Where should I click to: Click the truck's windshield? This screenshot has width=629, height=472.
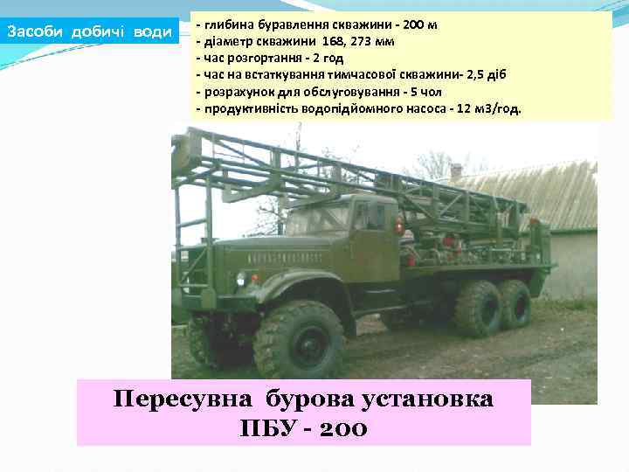319,218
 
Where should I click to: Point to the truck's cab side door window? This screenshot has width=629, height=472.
365,216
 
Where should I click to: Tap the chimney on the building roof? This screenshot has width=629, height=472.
455,170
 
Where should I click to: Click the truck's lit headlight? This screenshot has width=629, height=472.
241,279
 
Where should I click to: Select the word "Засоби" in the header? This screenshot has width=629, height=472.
36,33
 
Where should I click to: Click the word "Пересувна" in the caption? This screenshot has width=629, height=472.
182,399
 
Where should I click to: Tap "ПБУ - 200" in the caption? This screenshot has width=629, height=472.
303,428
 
